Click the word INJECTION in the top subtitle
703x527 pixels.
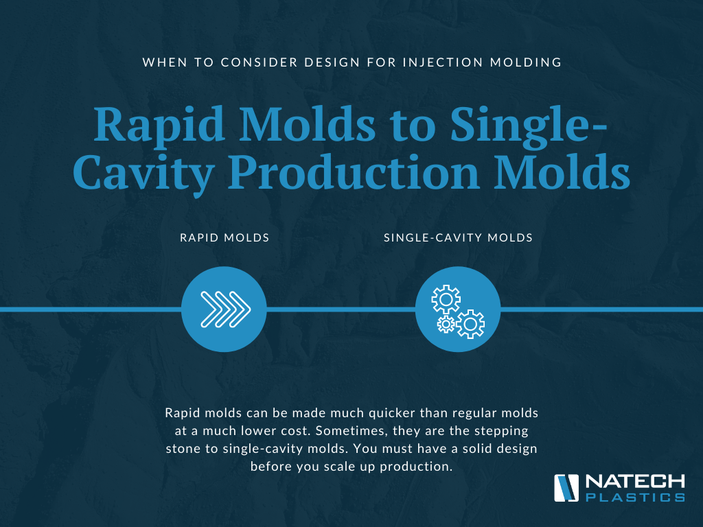point(442,62)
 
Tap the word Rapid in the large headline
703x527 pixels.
point(159,126)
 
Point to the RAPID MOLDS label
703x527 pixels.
point(224,237)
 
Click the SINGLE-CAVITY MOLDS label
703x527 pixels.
point(458,237)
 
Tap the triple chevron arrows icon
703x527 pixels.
point(225,309)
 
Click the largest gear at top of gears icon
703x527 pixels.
point(446,299)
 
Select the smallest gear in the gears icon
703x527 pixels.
point(446,324)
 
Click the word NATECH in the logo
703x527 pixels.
point(635,482)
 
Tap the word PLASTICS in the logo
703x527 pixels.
point(635,497)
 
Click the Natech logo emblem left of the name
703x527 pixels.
point(566,488)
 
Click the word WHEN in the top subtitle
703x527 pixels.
point(165,62)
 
